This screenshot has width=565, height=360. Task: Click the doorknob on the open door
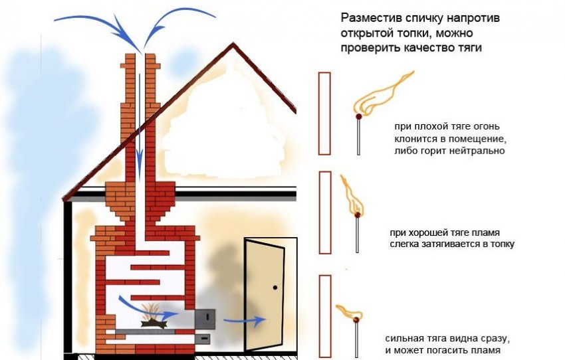pyautogui.click(x=275, y=288)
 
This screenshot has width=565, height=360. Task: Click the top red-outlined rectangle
pyautogui.click(x=324, y=114)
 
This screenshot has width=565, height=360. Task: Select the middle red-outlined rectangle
pyautogui.click(x=324, y=212)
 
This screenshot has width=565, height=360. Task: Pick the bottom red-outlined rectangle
pyautogui.click(x=324, y=314)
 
